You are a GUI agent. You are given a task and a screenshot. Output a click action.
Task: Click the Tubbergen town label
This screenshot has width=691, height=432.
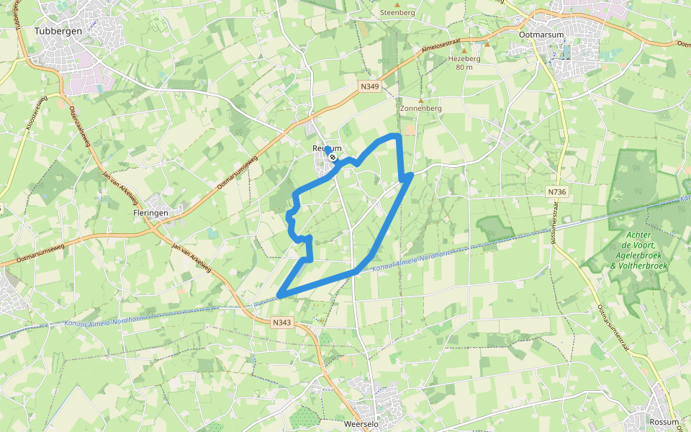pyautogui.click(x=58, y=31)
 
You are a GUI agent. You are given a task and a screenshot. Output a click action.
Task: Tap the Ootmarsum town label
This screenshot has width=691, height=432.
pyautogui.click(x=541, y=33)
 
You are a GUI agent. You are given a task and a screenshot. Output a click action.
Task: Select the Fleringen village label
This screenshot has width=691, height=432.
pyautogui.click(x=150, y=213)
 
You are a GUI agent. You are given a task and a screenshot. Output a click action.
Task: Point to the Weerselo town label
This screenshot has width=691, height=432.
pyautogui.click(x=361, y=424)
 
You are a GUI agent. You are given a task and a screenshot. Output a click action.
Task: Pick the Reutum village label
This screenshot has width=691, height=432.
pyautogui.click(x=325, y=148)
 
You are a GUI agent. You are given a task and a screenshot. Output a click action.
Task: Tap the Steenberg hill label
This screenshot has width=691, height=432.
pyautogui.click(x=398, y=13)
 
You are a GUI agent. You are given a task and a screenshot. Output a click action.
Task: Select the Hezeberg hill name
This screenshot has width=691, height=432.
pyautogui.click(x=464, y=58)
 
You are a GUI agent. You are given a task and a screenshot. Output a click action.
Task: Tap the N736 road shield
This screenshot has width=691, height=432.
pyautogui.click(x=556, y=192)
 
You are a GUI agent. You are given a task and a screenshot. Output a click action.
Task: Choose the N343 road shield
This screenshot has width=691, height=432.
pyautogui.click(x=283, y=323)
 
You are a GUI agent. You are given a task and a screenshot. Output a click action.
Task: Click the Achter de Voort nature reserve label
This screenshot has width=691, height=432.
pyautogui.click(x=638, y=250)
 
